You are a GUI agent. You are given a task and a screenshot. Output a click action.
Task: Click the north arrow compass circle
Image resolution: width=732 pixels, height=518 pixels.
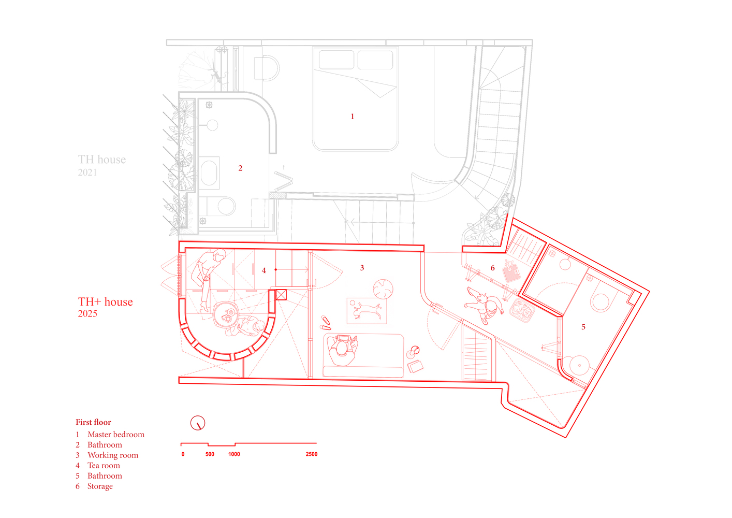point(198,423)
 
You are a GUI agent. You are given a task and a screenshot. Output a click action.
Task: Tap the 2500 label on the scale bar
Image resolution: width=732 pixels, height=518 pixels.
point(312,454)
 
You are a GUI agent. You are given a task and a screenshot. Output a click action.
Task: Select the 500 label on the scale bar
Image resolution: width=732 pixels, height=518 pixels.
point(210,454)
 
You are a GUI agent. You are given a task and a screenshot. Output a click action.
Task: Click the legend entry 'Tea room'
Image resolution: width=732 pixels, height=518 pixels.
point(104,465)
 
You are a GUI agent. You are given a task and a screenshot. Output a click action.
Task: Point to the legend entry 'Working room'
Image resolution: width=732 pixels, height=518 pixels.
point(113,455)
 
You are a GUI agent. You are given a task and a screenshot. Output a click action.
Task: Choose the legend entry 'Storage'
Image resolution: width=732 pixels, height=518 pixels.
point(100,486)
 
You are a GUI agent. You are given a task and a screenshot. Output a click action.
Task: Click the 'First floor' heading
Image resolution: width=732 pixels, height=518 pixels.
point(94,422)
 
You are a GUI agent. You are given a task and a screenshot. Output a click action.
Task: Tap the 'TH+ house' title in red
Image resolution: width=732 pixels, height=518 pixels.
point(105,301)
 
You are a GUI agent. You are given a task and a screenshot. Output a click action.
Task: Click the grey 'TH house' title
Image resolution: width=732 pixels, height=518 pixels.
point(101,159)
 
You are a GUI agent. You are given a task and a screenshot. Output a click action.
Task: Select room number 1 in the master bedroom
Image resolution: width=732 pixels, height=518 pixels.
point(352,117)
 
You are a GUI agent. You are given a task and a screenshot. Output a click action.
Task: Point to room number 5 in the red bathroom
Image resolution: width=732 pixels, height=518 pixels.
point(583,327)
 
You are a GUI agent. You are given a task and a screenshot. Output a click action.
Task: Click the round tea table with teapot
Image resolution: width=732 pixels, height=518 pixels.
point(226,314)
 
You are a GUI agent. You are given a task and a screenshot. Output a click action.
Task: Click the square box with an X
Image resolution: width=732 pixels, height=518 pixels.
point(281,295)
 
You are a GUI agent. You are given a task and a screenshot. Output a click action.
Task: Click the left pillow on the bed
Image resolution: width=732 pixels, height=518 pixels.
point(336,60)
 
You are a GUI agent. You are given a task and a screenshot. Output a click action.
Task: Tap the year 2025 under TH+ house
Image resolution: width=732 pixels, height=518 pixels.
point(87,313)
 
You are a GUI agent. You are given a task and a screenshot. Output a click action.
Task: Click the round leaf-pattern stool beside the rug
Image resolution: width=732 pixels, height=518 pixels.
point(383,289)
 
